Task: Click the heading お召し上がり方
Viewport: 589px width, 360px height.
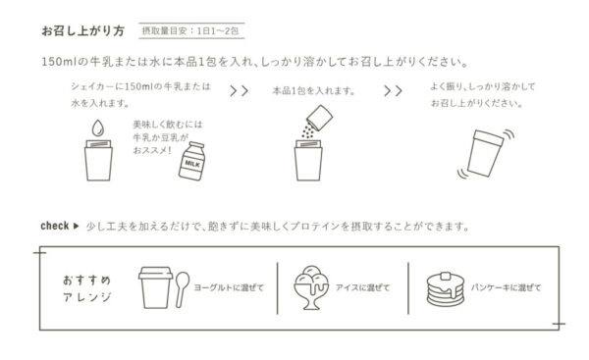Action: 82,30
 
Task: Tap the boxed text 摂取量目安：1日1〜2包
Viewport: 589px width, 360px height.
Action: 190,30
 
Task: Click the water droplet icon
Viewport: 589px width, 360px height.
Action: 98,128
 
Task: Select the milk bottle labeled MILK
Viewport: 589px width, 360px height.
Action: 192,161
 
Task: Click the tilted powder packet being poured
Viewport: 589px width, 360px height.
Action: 320,118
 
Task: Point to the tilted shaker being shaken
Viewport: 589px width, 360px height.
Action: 485,153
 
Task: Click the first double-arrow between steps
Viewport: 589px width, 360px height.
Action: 239,91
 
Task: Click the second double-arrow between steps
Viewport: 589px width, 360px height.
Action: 393,91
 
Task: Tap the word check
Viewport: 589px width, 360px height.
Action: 55,226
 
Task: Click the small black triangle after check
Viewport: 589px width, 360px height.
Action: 76,226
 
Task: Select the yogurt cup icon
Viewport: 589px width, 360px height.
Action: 155,287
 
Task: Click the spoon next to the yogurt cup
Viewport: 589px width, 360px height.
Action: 183,289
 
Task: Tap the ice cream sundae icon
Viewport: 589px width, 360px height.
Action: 311,287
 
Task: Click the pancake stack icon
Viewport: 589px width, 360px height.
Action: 446,289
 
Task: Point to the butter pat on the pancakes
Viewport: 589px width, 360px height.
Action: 446,276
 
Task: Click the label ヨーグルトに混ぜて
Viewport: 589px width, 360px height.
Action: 229,288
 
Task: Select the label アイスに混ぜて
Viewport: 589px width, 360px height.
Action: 362,288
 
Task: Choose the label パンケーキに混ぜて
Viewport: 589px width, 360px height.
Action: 506,288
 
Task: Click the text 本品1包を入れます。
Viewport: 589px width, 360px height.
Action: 314,91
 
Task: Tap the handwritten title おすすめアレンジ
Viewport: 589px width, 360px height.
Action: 87,288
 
